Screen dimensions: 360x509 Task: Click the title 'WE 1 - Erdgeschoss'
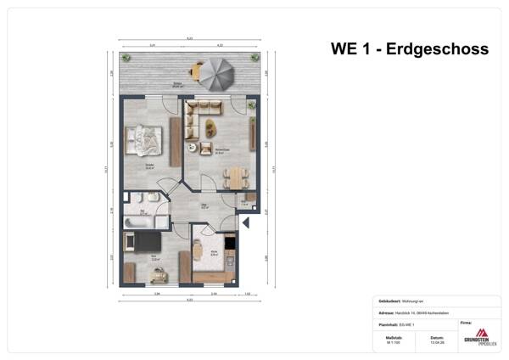409,49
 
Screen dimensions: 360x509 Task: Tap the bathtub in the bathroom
138,222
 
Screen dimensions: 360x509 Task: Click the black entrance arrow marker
245,222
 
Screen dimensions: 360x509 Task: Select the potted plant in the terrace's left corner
126,59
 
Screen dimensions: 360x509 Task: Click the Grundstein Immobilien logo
481,336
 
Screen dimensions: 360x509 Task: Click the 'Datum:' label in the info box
436,336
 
